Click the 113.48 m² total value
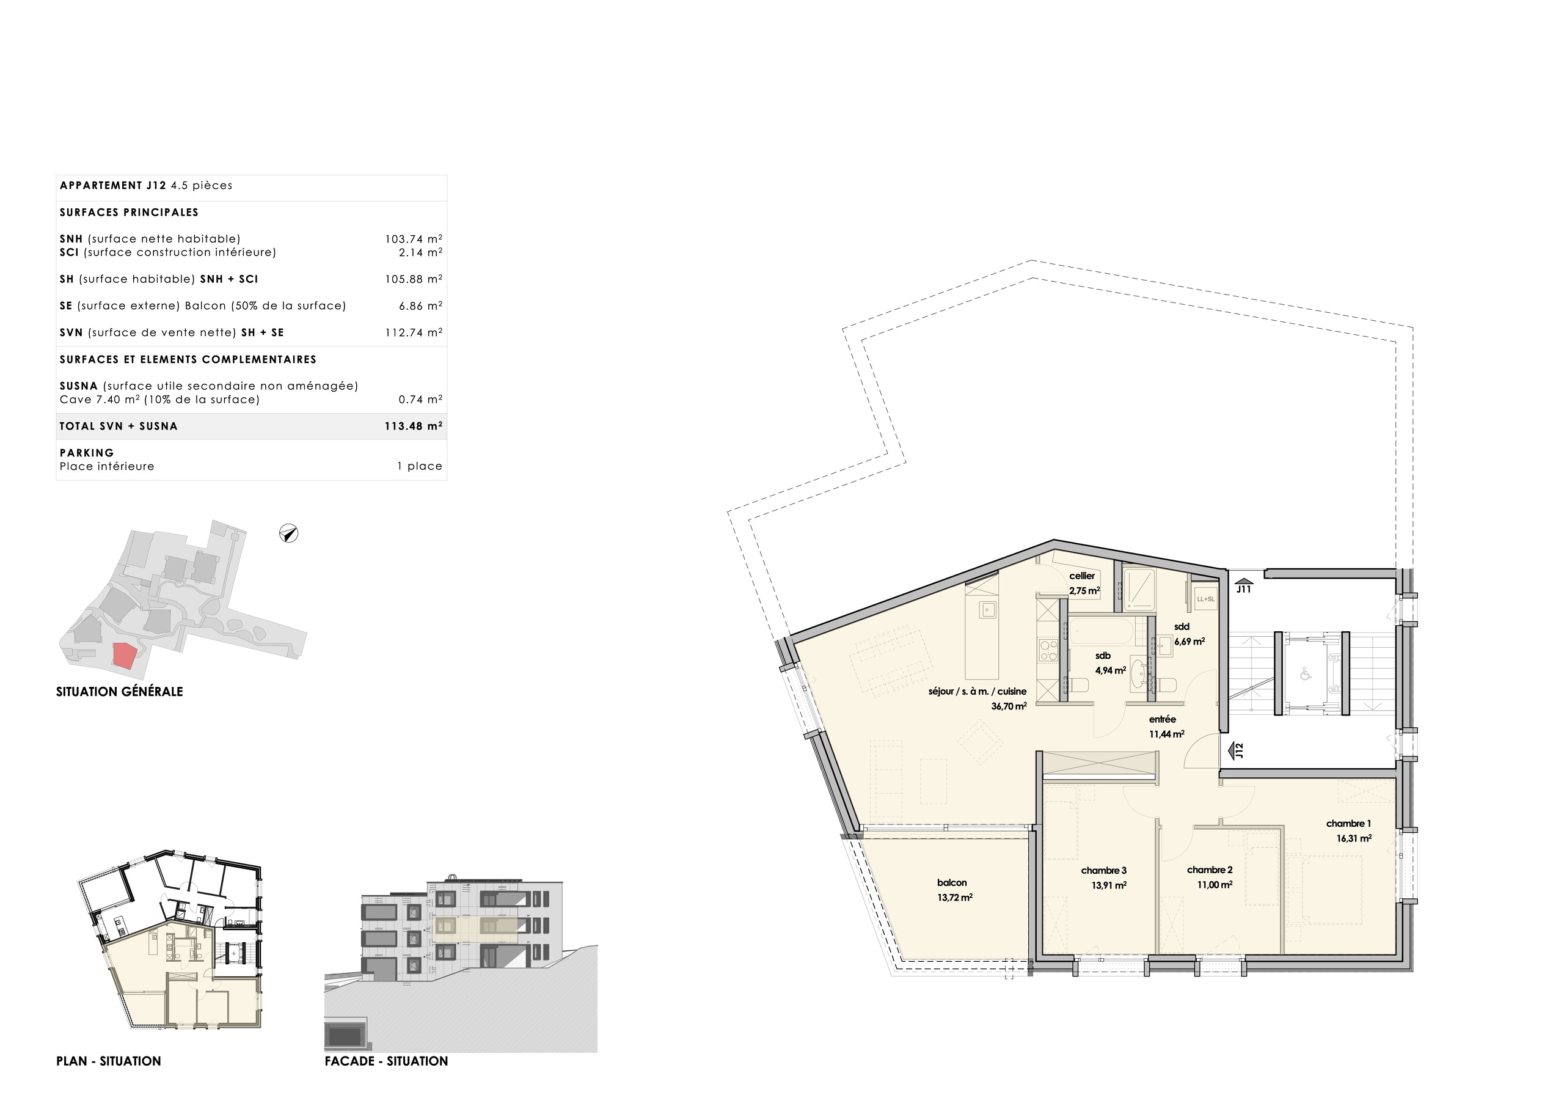click(x=414, y=427)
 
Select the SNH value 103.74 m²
click(x=414, y=239)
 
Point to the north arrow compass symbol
click(x=289, y=533)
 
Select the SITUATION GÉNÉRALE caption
click(x=119, y=692)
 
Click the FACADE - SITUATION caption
click(x=386, y=1061)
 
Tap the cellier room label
click(x=1082, y=576)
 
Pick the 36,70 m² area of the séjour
click(x=1009, y=706)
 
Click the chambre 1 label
click(x=1349, y=823)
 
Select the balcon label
click(x=952, y=882)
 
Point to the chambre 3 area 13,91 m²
click(x=1109, y=885)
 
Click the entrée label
click(x=1163, y=719)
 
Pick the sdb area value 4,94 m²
click(x=1110, y=670)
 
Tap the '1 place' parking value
click(x=420, y=467)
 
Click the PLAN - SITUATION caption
click(x=108, y=1061)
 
